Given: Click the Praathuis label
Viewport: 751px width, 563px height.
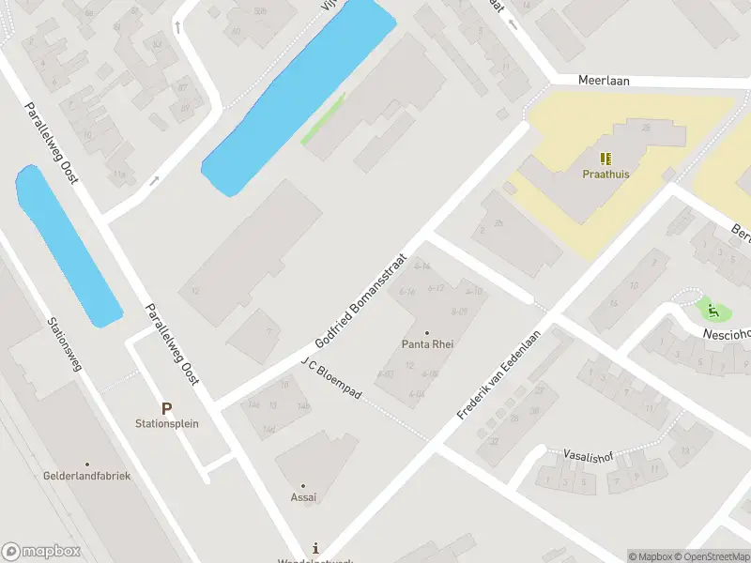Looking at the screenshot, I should pyautogui.click(x=605, y=174).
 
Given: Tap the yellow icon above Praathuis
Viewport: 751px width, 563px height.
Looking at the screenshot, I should pyautogui.click(x=605, y=159).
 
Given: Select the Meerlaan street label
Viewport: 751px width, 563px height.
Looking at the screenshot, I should pyautogui.click(x=604, y=82).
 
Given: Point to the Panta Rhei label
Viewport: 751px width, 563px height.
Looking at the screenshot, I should pyautogui.click(x=428, y=344).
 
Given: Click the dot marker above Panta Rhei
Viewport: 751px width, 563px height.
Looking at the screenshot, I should pyautogui.click(x=428, y=332).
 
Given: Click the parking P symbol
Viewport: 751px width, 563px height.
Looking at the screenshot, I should pyautogui.click(x=167, y=408).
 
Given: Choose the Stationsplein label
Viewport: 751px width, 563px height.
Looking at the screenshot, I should pyautogui.click(x=167, y=423).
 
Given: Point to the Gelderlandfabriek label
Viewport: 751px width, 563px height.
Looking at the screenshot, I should pyautogui.click(x=86, y=476).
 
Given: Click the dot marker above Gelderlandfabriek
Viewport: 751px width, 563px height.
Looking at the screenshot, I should pyautogui.click(x=86, y=464).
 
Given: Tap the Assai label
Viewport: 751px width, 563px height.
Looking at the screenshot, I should pyautogui.click(x=302, y=497).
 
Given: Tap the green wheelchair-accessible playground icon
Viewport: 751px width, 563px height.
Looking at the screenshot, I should pyautogui.click(x=713, y=309).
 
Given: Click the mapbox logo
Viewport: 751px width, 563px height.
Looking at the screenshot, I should pyautogui.click(x=39, y=551).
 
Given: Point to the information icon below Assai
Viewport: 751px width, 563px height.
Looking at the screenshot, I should pyautogui.click(x=316, y=548).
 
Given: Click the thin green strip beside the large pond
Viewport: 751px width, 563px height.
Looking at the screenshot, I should pyautogui.click(x=323, y=118).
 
